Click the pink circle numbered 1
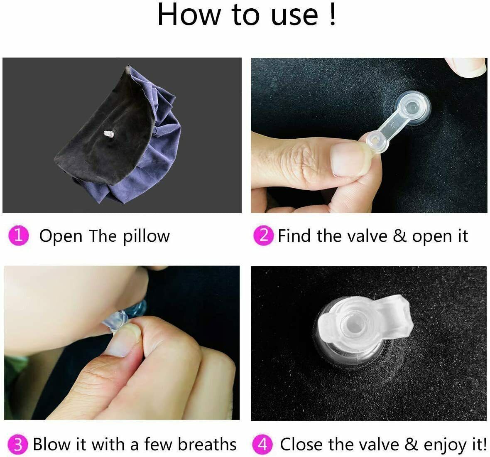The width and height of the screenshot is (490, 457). click(x=18, y=236)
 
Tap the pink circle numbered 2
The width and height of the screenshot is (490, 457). click(x=263, y=236)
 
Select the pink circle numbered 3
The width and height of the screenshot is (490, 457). click(x=18, y=444)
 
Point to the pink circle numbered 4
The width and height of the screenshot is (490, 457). click(x=262, y=444)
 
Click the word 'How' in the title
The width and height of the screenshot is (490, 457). click(x=189, y=15)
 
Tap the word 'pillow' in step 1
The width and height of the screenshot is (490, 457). click(x=146, y=236)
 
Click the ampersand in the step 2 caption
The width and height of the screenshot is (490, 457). click(x=399, y=236)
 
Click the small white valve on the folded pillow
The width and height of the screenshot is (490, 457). click(x=109, y=134)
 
